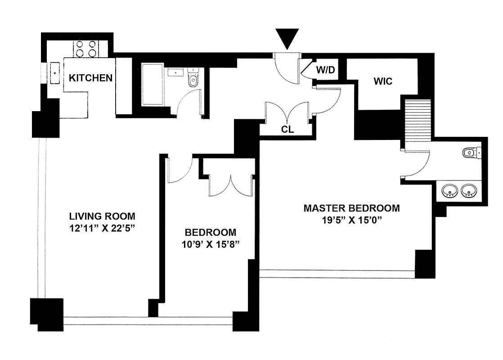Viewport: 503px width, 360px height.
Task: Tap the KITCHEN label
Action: click(x=90, y=78)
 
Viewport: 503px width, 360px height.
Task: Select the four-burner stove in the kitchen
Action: click(x=86, y=49)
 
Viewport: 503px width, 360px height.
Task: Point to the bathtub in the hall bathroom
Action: click(x=153, y=84)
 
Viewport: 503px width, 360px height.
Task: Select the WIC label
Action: click(x=383, y=81)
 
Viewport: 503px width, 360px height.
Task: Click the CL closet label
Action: click(x=287, y=130)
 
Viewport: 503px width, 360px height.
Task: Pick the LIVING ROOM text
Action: click(x=102, y=216)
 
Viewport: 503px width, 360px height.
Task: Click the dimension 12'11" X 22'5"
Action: click(x=102, y=228)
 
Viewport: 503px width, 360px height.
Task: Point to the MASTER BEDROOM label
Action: click(x=351, y=208)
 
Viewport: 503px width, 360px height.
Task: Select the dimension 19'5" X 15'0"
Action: click(x=351, y=220)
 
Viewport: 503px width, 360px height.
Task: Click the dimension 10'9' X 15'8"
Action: click(x=211, y=245)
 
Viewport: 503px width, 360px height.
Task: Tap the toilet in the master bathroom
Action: click(x=471, y=153)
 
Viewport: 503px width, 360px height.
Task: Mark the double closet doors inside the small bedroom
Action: click(x=230, y=185)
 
